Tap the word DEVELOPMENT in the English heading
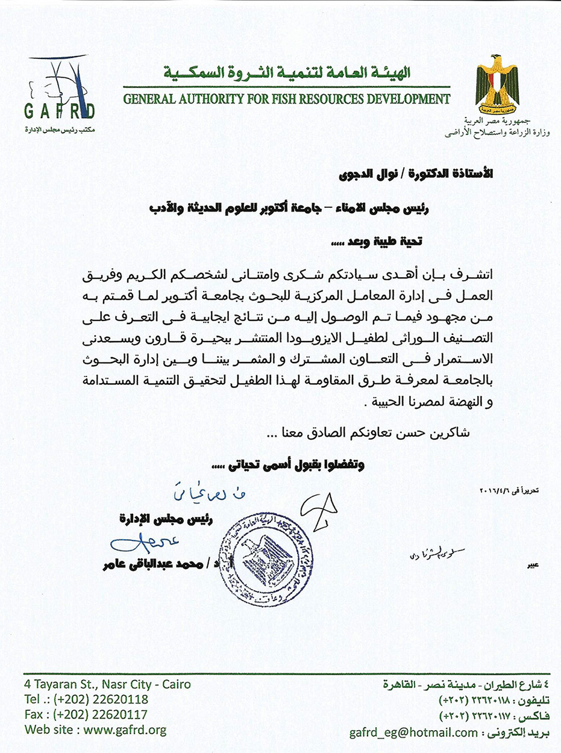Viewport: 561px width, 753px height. (409, 98)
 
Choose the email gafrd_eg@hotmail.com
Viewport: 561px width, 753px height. (406, 733)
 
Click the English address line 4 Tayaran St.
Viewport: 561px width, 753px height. (108, 684)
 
